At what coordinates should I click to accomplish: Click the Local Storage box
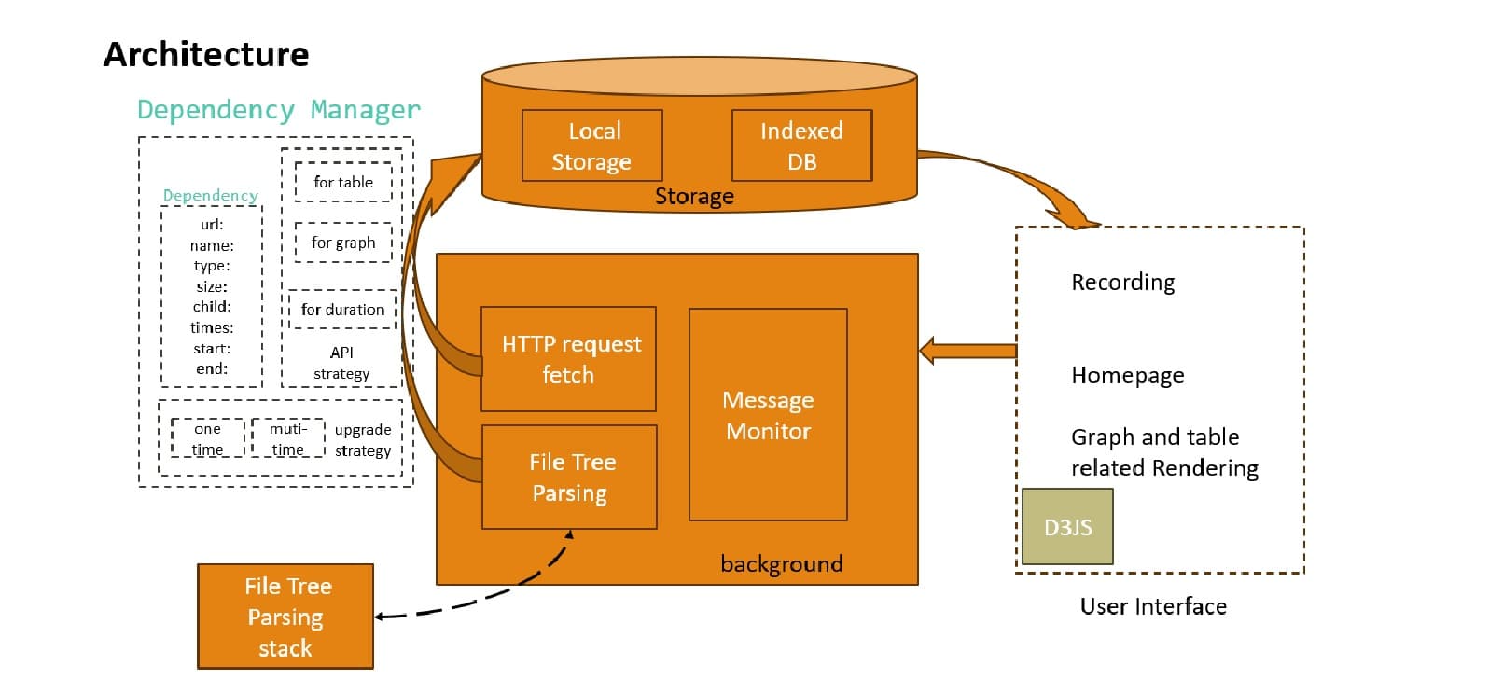click(591, 146)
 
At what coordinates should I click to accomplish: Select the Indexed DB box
click(801, 146)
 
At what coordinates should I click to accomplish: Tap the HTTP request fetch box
click(568, 359)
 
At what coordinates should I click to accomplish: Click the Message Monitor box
click(768, 415)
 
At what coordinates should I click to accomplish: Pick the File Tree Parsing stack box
click(285, 617)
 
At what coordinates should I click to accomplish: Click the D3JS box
click(1067, 527)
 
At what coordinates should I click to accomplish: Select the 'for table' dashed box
click(343, 182)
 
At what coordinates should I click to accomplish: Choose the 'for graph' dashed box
click(343, 243)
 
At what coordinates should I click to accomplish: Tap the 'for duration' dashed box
click(342, 310)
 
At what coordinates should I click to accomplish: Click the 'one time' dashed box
click(207, 438)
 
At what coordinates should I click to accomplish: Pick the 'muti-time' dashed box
click(287, 438)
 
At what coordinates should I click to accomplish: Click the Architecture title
click(206, 54)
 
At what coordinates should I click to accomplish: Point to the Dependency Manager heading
click(279, 110)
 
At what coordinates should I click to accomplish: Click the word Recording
click(1122, 282)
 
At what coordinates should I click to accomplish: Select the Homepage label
click(1127, 375)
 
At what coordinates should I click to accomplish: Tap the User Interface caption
click(1153, 606)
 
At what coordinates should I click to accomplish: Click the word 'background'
click(781, 563)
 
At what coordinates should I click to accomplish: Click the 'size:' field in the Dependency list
click(212, 286)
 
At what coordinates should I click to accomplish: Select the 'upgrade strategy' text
click(363, 439)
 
